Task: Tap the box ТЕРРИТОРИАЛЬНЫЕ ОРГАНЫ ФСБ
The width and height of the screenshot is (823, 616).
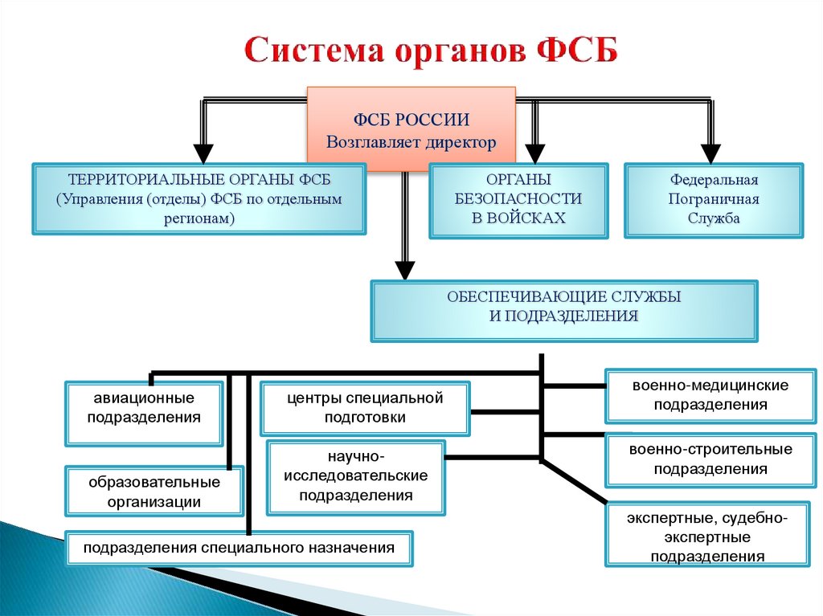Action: [199, 199]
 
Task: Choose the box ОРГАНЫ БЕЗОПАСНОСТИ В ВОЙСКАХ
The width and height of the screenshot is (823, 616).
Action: [518, 200]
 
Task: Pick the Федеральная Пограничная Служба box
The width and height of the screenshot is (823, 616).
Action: [714, 200]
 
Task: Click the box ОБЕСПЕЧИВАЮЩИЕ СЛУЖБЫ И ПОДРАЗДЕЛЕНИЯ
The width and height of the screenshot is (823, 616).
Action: [563, 309]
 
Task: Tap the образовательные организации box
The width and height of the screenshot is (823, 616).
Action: [154, 491]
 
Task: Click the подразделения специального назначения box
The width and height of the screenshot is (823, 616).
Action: [239, 549]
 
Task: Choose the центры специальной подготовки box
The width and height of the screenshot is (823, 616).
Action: [365, 408]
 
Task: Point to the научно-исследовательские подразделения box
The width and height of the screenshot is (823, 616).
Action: [356, 477]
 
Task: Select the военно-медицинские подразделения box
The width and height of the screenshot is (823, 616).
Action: [710, 395]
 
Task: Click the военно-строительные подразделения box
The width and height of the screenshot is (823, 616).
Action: [710, 459]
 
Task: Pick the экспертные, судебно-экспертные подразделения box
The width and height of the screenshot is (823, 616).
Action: [708, 536]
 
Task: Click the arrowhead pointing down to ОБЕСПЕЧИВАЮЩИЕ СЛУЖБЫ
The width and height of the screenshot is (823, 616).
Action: [406, 270]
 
